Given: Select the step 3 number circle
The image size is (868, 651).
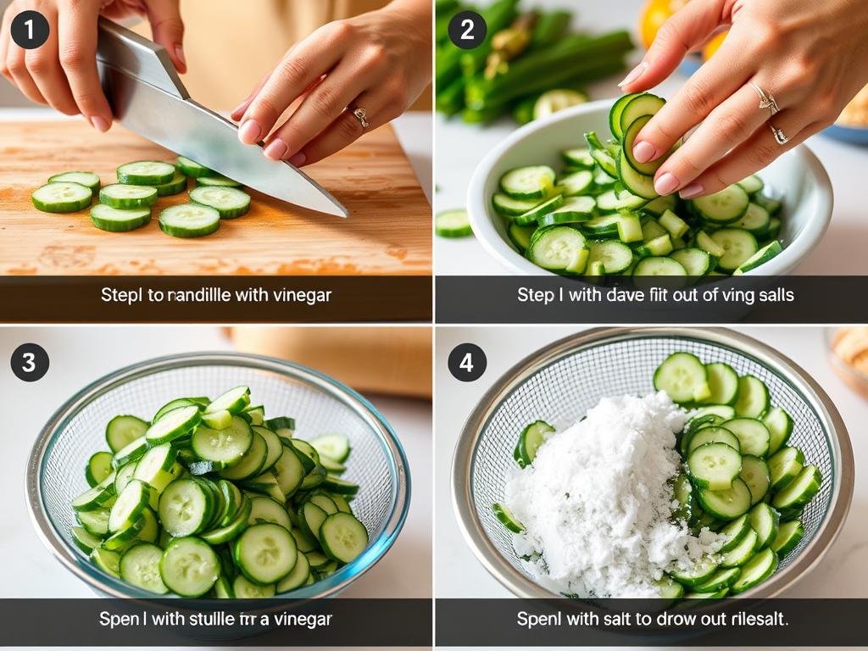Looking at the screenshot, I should tap(30, 363).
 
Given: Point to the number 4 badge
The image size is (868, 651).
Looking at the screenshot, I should tap(467, 363).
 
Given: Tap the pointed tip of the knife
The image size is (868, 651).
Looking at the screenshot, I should tap(343, 214).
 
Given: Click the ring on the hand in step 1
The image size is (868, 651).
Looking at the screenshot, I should tap(360, 116).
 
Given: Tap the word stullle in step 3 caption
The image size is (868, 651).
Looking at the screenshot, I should tap(225, 619).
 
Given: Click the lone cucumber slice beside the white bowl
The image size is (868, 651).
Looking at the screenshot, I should tap(453, 223).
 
